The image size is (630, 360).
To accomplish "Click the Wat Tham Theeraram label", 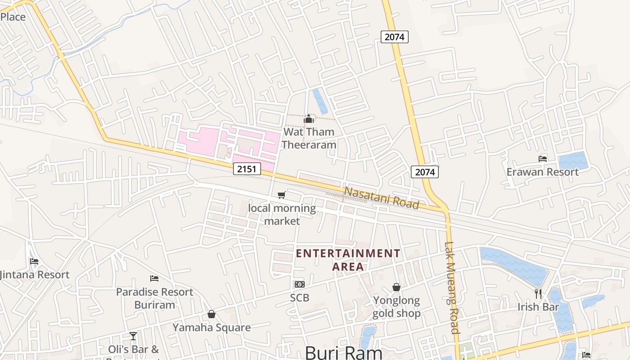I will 309,138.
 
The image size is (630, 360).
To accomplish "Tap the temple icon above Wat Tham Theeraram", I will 309,119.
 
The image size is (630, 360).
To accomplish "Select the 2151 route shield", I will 247,169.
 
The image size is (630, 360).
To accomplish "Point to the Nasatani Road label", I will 381,198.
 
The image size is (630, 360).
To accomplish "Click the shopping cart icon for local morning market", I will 282,195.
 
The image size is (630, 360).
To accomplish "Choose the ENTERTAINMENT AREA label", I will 348,260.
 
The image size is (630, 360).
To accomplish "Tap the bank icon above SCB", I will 299,284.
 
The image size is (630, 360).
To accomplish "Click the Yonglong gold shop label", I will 396,306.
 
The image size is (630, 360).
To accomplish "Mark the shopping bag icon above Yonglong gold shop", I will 396,287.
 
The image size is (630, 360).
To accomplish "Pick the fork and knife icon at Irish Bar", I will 538,294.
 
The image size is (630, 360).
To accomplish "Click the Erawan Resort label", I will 543,172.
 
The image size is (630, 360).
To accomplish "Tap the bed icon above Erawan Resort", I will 543,158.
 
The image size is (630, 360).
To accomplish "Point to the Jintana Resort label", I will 35,274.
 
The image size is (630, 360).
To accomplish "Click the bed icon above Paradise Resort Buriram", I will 154,279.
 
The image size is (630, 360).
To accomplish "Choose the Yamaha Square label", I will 211,327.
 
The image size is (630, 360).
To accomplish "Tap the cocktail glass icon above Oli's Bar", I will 133,336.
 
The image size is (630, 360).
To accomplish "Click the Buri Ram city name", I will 344,352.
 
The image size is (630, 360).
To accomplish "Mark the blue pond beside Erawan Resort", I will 573,161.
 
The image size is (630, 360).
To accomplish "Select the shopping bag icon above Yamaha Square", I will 211,314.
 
